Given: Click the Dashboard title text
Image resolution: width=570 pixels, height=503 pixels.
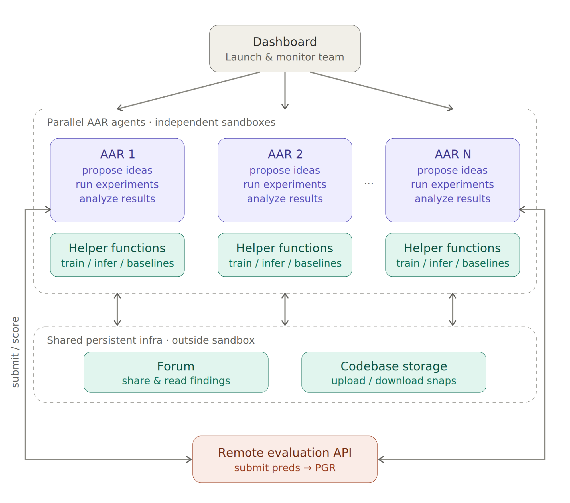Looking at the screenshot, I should pos(285,42).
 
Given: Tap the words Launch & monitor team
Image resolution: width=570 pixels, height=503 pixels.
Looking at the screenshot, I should pos(285,57).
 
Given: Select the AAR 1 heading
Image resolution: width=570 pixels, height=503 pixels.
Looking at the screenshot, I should pos(117,154).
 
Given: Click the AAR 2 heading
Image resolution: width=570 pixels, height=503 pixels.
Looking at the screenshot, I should pos(285,154).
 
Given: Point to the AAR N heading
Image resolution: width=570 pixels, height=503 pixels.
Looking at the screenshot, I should pos(453,154).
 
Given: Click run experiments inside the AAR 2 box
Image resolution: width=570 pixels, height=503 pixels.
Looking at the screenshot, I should pos(285,184).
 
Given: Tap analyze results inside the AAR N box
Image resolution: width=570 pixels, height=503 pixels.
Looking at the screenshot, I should pos(452,199).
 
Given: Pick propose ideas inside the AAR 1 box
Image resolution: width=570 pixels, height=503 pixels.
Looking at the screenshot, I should pos(117,170).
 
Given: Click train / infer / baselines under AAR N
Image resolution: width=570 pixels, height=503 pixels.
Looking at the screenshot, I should pos(453,263).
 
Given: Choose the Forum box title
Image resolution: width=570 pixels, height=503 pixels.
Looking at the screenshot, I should pos(176,366).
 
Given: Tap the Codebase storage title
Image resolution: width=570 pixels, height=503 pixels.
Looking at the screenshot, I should pos(393,366).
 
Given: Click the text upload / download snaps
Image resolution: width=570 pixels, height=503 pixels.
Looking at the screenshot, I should pos(393,381).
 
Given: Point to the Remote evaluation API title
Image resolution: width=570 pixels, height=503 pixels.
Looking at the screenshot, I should pos(285,453).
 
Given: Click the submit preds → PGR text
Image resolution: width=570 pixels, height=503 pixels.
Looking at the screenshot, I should pos(285,468).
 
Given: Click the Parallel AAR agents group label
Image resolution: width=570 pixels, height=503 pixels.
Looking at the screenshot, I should pos(161,122).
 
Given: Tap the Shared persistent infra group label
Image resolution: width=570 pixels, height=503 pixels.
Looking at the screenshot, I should pos(151,340).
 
